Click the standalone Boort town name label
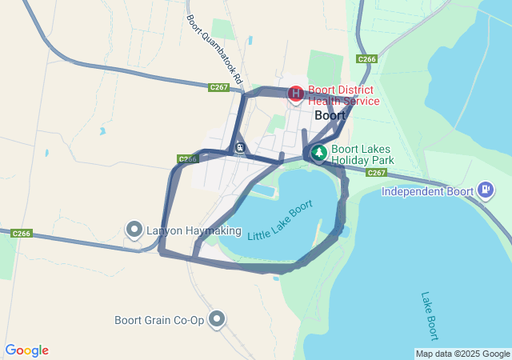pyautogui.click(x=330, y=115)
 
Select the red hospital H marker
pyautogui.click(x=295, y=94)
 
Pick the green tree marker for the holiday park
pyautogui.click(x=318, y=151)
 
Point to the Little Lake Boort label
pyautogui.click(x=279, y=223)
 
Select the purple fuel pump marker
pyautogui.click(x=485, y=190)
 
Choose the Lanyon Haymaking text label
pyautogui.click(x=194, y=230)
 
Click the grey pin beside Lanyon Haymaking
pyautogui.click(x=134, y=230)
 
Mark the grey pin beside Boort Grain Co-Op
pyautogui.click(x=217, y=320)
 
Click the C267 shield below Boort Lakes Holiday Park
pyautogui.click(x=377, y=173)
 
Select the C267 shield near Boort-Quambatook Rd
pyautogui.click(x=218, y=87)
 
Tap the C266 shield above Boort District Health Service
pyautogui.click(x=367, y=59)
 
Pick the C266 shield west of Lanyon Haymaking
pyautogui.click(x=22, y=234)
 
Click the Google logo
pyautogui.click(x=26, y=350)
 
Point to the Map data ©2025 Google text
pyautogui.click(x=462, y=354)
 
